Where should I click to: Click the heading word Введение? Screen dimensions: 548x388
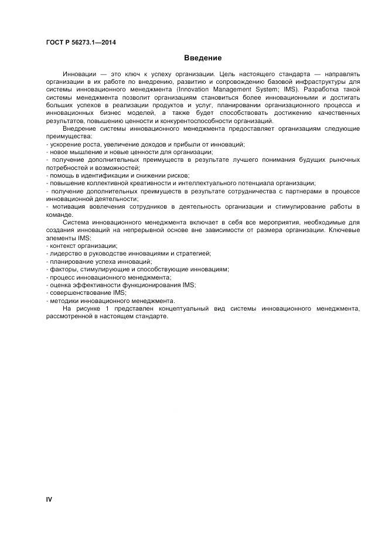pyautogui.click(x=202, y=58)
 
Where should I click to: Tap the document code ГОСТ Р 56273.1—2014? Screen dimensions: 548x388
pyautogui.click(x=80, y=42)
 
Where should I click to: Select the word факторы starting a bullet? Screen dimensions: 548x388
pyautogui.click(x=62, y=269)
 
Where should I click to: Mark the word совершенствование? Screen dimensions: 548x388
pyautogui.click(x=79, y=292)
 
